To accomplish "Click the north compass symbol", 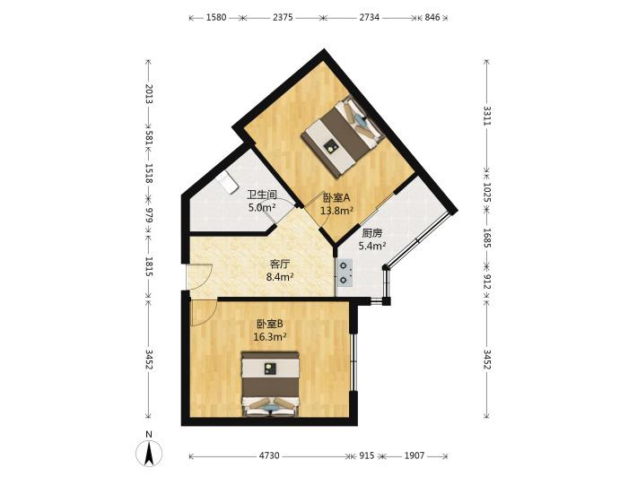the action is coord(149,451).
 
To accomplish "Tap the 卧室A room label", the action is coord(336,198).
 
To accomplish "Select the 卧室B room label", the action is coord(270,324).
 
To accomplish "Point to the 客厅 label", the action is coord(280,265).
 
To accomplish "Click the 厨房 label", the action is coord(372,233).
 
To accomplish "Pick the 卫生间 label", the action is coord(262,195).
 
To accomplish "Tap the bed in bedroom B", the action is coord(269,384).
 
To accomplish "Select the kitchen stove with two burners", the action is coord(345,273).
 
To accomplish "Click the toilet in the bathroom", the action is coord(227,182).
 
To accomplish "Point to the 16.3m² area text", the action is coord(270,336).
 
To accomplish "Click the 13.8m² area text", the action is coord(336,211).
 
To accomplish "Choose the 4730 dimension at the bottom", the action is coord(269,455).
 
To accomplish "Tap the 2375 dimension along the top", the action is coord(283,17).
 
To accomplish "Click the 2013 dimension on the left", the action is coord(149,93).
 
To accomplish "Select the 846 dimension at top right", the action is coord(432,17).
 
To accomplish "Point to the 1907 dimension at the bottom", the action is coord(414,455).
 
